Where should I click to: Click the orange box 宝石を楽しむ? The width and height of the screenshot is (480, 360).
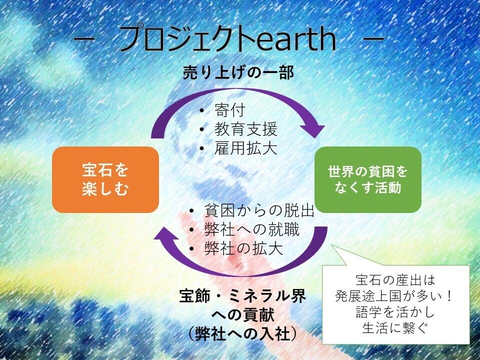pos(105,179)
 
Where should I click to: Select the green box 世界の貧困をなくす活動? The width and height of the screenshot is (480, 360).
pos(368,179)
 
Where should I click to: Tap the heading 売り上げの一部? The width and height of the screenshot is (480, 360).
pos(238,73)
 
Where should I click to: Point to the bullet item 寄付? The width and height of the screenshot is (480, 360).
pos(230,110)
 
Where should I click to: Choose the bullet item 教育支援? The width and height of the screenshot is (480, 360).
pos(246,129)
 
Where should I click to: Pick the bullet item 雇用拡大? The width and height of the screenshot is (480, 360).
pos(246,148)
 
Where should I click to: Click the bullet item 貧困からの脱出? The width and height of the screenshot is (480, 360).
pos(259,210)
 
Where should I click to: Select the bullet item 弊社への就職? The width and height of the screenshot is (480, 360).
pos(251,229)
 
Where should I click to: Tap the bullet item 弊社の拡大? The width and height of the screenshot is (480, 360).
pos(243,248)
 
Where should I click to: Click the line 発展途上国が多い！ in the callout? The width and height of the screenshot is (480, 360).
pos(393,296)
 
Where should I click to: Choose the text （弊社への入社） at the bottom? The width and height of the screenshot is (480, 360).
pos(242,333)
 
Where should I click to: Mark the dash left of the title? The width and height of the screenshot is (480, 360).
pos(83,39)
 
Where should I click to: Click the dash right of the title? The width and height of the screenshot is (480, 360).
pos(373,39)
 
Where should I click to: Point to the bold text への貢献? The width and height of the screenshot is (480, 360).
pos(242,314)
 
